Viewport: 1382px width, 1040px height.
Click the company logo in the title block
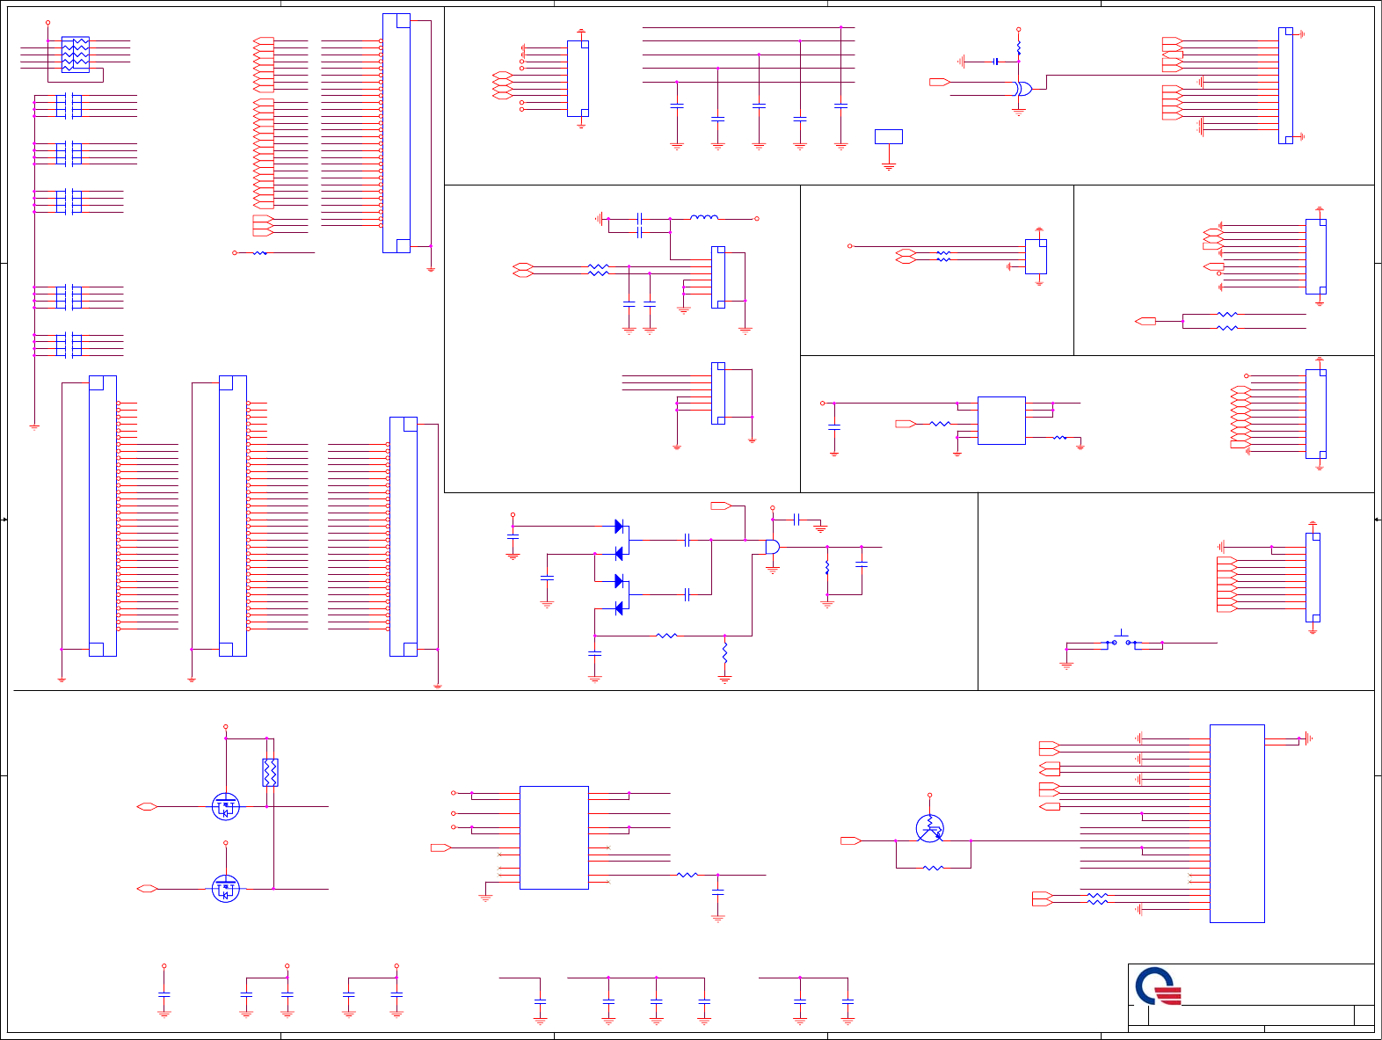[1158, 986]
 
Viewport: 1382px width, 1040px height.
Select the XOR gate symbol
[1022, 89]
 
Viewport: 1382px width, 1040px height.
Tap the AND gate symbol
[772, 547]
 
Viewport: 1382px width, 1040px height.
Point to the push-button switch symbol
[1122, 641]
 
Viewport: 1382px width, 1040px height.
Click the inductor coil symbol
[704, 218]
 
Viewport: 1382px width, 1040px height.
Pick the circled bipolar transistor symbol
[929, 828]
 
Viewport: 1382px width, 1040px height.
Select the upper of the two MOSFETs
[226, 806]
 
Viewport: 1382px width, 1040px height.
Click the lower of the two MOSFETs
[226, 889]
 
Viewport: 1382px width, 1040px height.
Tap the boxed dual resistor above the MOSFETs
[270, 772]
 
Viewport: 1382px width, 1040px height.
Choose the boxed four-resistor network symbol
[76, 55]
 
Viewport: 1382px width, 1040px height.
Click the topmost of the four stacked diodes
[619, 527]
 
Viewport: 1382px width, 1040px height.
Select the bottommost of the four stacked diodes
[619, 608]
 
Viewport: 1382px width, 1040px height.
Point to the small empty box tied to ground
[889, 136]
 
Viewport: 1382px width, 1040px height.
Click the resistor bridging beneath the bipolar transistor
[934, 869]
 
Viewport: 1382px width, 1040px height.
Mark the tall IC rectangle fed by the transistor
[1237, 824]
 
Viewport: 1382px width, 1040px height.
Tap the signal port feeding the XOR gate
[939, 82]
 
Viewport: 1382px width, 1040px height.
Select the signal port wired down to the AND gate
[721, 505]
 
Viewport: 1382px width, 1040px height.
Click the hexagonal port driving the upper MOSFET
[147, 806]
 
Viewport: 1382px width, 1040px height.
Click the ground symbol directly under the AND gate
[773, 570]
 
